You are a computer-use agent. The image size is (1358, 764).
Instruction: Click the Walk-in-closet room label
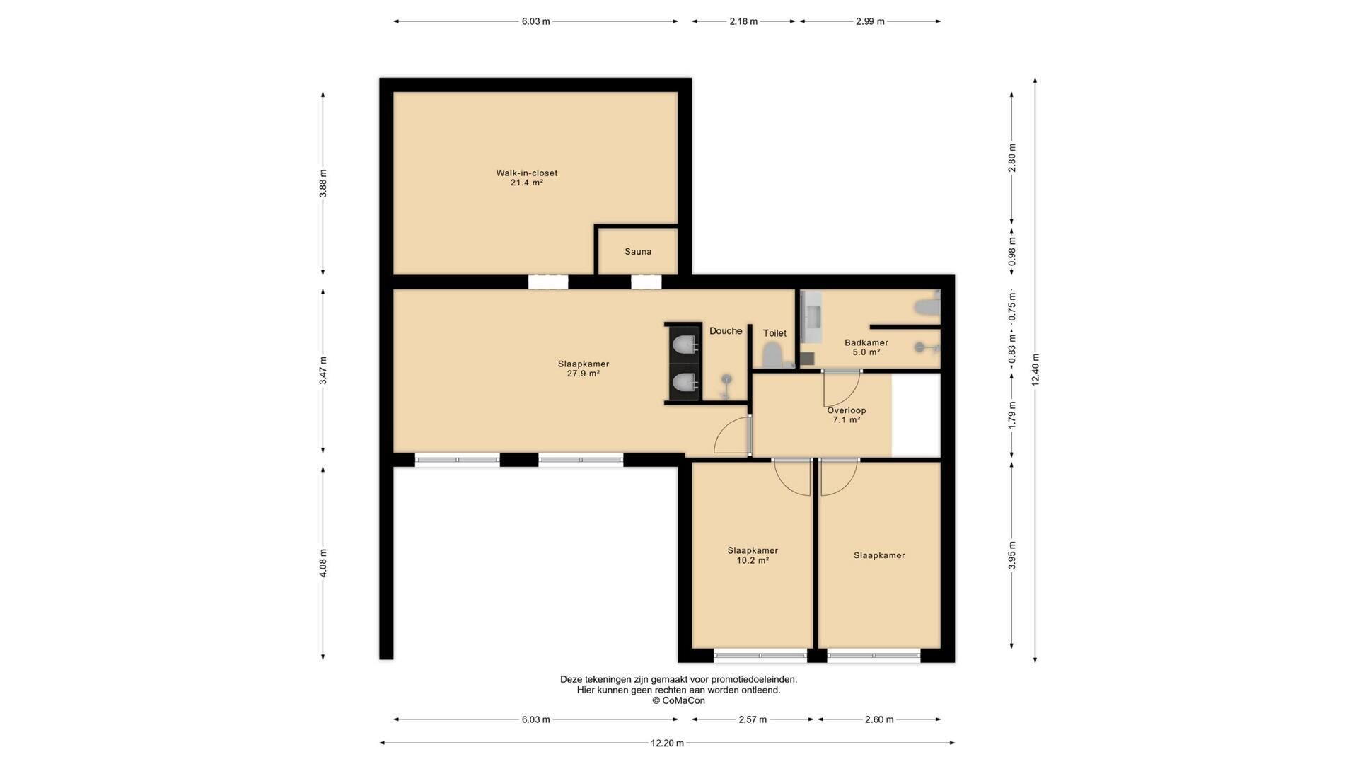[526, 178]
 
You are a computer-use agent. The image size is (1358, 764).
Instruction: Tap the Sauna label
[638, 252]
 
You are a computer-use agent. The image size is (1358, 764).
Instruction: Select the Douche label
[726, 331]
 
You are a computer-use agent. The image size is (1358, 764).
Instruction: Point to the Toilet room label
[774, 333]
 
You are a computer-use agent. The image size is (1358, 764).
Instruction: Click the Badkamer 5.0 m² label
[866, 347]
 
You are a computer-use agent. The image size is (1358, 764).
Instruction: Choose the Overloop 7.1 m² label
[846, 415]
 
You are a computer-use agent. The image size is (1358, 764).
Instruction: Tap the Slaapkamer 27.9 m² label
[583, 369]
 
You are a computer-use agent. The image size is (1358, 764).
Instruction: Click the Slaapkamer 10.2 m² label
[753, 555]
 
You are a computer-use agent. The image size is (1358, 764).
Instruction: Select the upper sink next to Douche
[684, 345]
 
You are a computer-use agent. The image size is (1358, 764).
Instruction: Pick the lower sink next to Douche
[684, 383]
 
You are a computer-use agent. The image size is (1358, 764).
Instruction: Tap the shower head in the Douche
[726, 386]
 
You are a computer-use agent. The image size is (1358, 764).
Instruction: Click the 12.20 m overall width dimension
[667, 743]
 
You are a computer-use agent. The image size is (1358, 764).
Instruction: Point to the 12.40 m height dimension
[1035, 369]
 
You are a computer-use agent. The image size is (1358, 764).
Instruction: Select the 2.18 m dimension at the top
[743, 21]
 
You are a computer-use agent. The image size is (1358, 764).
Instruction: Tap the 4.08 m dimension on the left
[323, 563]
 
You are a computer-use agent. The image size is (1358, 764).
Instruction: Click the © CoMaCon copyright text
[678, 701]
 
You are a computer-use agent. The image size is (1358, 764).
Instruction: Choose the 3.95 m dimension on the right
[1011, 555]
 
